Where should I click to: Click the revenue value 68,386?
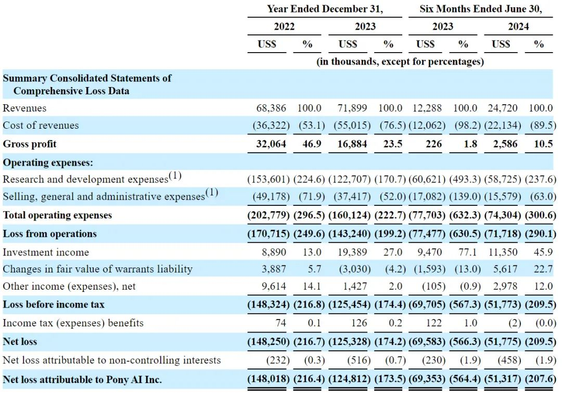tap(271, 108)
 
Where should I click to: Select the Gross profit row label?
tap(29, 144)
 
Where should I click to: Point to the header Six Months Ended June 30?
tap(481, 9)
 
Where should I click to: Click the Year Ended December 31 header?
tap(325, 9)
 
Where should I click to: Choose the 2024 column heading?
tap(518, 26)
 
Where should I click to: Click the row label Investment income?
tap(45, 252)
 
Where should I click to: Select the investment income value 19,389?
tap(352, 252)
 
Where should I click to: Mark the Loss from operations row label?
tap(50, 234)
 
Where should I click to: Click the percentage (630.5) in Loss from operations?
tap(465, 234)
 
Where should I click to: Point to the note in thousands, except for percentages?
tap(400, 62)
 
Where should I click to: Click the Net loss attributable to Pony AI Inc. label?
tap(82, 379)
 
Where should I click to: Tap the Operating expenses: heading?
tap(48, 163)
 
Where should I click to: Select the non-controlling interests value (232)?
tap(278, 360)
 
